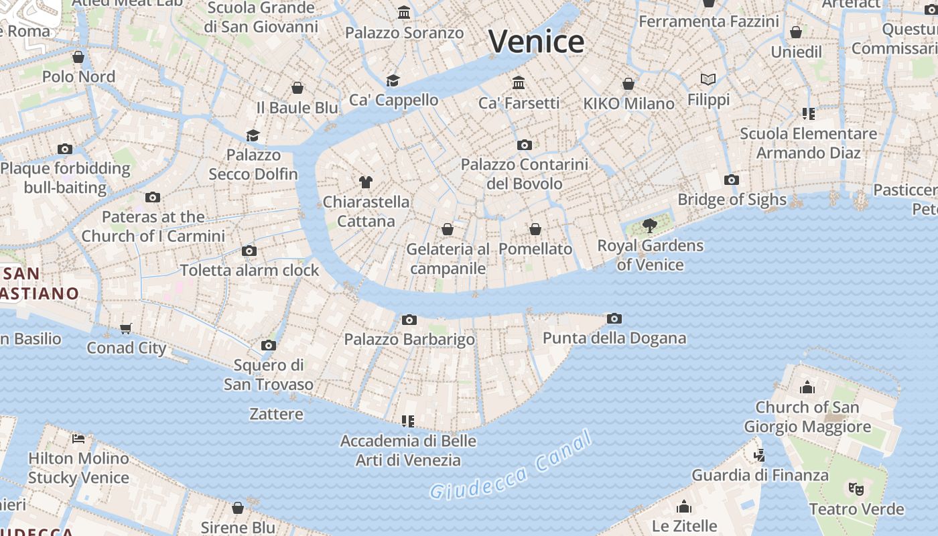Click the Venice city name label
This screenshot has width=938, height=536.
536,42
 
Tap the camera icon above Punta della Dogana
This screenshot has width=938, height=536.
614,318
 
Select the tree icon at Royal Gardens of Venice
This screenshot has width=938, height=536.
649,225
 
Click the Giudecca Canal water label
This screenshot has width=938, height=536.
511,466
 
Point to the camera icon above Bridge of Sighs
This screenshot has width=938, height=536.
732,180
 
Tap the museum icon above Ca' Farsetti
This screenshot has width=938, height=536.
519,82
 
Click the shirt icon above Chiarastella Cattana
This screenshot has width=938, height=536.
366,182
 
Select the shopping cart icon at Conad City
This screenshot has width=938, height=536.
126,328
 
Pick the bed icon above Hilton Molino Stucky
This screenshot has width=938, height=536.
78,439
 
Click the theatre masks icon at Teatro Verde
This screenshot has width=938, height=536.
856,488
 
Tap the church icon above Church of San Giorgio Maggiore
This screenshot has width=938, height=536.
807,387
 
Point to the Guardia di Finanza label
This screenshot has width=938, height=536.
760,475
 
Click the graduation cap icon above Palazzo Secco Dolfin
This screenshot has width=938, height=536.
253,135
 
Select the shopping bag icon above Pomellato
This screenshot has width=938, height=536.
535,229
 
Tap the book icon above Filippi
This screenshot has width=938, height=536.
708,79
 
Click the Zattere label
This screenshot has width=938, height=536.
276,414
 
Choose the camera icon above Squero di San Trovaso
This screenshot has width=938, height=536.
269,345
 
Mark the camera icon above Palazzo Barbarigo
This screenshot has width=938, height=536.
409,320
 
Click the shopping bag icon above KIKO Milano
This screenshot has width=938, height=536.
628,84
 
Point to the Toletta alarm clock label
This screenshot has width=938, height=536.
249,271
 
